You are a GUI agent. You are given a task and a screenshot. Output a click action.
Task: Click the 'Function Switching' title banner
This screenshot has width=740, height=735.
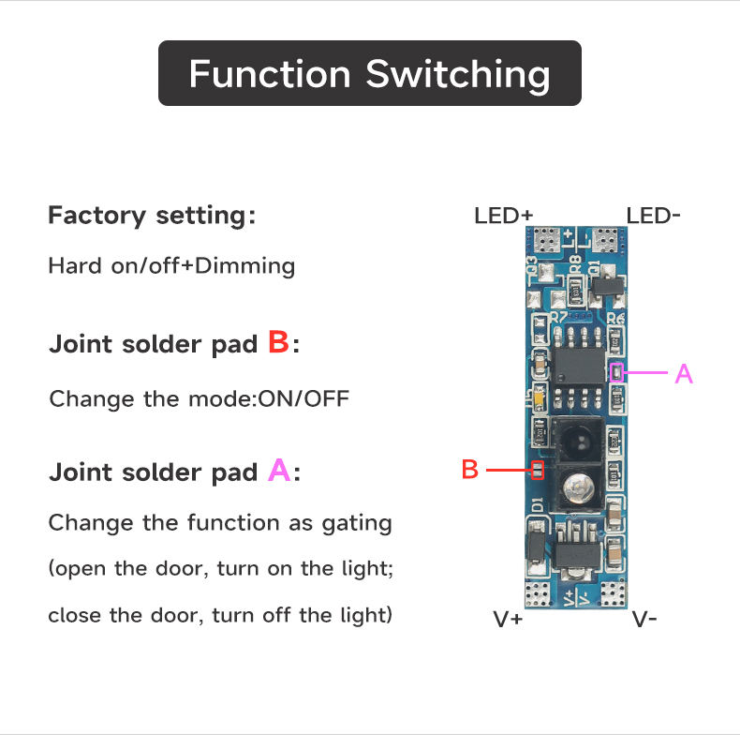click(369, 73)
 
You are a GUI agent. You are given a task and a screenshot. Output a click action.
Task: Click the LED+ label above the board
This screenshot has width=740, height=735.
click(503, 216)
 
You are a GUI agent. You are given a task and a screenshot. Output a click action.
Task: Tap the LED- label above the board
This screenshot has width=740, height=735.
click(653, 216)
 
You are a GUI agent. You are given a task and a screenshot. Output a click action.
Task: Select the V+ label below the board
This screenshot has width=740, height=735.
click(508, 619)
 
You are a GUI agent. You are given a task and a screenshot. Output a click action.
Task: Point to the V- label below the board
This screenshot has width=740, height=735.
click(644, 619)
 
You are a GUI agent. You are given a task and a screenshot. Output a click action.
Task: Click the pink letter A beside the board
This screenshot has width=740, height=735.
click(684, 374)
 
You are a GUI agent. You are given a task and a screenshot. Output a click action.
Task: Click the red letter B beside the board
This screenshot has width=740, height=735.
click(470, 470)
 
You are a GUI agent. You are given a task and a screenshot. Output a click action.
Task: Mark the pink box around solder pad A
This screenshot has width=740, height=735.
click(616, 372)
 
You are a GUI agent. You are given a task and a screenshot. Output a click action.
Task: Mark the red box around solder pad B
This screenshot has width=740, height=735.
click(538, 470)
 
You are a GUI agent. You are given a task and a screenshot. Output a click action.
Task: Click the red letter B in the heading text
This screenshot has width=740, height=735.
click(278, 342)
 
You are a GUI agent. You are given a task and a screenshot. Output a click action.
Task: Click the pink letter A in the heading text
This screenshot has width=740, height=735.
click(279, 471)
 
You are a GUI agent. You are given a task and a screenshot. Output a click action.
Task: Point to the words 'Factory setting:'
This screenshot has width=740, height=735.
click(151, 216)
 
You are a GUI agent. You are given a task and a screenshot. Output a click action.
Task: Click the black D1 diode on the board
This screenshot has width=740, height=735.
click(534, 546)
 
